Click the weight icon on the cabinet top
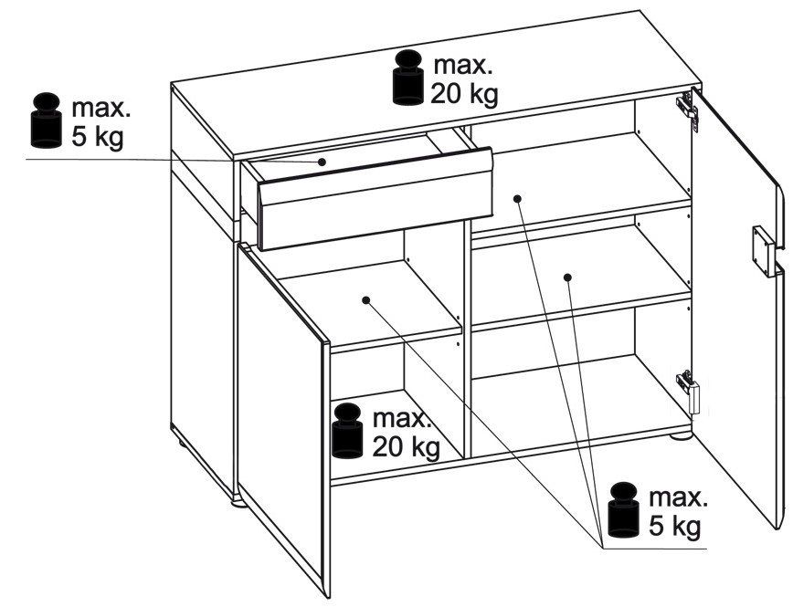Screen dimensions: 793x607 tap(408, 78)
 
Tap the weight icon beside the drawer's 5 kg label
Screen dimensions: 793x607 tap(47, 120)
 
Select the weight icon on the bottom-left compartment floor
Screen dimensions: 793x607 tap(347, 431)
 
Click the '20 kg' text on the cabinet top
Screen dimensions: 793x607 tap(464, 94)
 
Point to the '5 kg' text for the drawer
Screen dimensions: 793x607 tap(97, 137)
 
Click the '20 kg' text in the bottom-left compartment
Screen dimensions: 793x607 tap(407, 446)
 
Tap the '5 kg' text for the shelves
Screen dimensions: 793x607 tap(675, 526)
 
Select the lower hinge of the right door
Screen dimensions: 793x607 tap(688, 390)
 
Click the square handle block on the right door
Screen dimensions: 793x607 tap(764, 250)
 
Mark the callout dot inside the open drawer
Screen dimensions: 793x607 tap(322, 162)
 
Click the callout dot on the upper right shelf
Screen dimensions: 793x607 tap(517, 199)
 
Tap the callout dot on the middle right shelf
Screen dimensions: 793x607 tap(567, 277)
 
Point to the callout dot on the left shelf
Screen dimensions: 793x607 tap(366, 300)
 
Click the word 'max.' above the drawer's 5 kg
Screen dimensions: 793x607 tap(101, 108)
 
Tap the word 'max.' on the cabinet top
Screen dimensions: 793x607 tap(463, 66)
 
